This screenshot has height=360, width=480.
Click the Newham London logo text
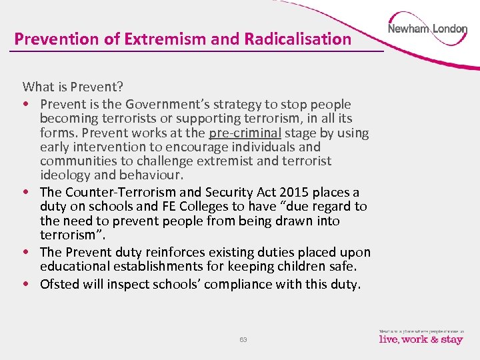click(x=427, y=30)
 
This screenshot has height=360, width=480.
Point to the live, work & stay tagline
click(x=421, y=339)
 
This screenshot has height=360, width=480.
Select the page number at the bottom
click(x=243, y=339)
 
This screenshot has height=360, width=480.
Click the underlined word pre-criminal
click(x=245, y=133)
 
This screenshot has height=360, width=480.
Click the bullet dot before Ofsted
click(x=27, y=285)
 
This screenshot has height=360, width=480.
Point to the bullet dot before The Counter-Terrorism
click(x=27, y=193)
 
